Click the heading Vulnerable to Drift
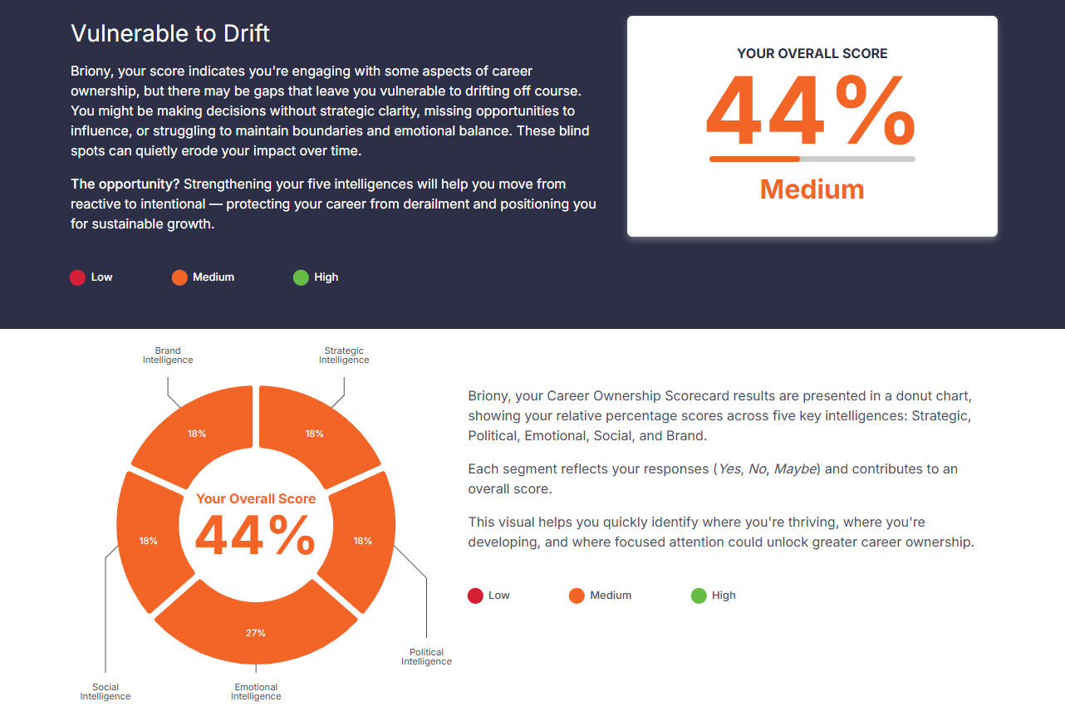point(170,33)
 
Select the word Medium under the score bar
point(812,189)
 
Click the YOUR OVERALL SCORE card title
point(812,53)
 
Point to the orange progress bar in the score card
point(754,159)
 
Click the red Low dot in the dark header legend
point(77,277)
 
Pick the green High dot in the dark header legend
point(301,277)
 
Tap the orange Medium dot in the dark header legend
point(179,277)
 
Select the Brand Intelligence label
point(168,356)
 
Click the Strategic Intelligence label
point(344,356)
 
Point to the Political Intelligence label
point(426,657)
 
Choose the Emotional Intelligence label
point(256,692)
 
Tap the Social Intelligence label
point(106,692)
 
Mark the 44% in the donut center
point(255,536)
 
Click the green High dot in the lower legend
point(699,596)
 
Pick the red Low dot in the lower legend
point(475,596)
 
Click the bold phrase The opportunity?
point(125,184)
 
